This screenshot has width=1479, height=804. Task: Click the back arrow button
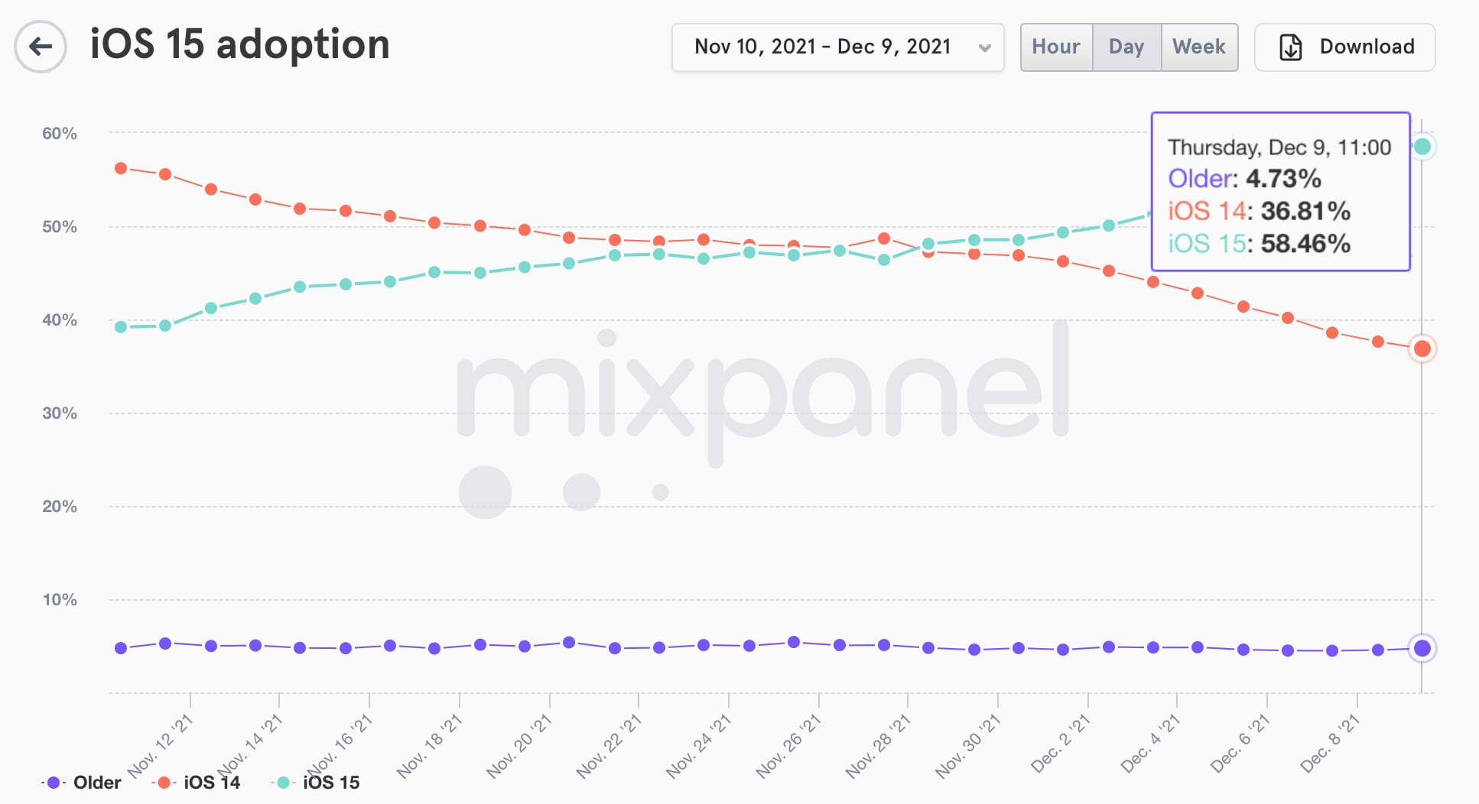pos(41,47)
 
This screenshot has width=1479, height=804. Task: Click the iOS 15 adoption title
pos(239,44)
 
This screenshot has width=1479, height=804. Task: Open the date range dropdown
pos(837,47)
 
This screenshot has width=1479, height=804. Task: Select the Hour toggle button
pos(1056,47)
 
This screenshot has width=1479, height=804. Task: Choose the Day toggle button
pos(1126,47)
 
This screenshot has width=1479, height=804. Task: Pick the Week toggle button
pos(1199,47)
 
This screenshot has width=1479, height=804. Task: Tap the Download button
pos(1345,47)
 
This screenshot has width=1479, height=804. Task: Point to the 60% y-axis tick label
pos(60,134)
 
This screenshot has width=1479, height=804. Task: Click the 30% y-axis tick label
pos(60,413)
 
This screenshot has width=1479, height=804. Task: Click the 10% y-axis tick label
pos(60,600)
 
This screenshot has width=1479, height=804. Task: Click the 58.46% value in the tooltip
pos(1305,244)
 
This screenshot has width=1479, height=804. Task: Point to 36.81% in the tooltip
pos(1305,211)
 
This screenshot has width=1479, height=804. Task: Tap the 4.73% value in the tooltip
pos(1283,179)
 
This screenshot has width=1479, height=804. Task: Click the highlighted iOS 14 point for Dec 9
pos(1422,349)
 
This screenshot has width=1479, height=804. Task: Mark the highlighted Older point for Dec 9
pos(1422,649)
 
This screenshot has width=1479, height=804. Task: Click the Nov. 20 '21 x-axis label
pos(520,745)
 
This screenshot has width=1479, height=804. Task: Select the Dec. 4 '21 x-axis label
pos(1151,744)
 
